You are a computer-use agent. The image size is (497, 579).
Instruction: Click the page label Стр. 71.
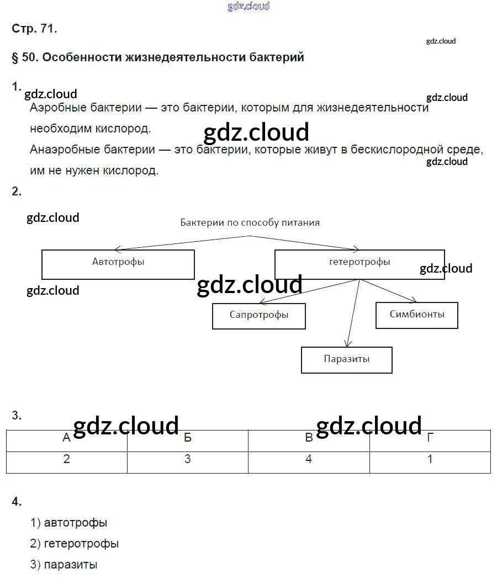34,29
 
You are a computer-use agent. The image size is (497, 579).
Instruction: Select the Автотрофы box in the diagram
118,264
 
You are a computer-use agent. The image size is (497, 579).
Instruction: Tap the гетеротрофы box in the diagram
359,264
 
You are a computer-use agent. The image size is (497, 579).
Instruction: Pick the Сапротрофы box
259,316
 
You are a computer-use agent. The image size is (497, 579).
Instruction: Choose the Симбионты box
416,315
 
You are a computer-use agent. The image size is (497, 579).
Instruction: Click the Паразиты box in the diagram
347,360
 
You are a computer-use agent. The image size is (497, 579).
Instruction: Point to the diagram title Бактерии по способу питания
250,223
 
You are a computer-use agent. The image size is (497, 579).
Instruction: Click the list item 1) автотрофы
69,522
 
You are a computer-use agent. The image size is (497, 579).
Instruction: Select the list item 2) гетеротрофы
75,544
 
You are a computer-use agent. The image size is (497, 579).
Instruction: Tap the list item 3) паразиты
64,565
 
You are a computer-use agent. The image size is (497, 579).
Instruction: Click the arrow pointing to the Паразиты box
352,315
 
